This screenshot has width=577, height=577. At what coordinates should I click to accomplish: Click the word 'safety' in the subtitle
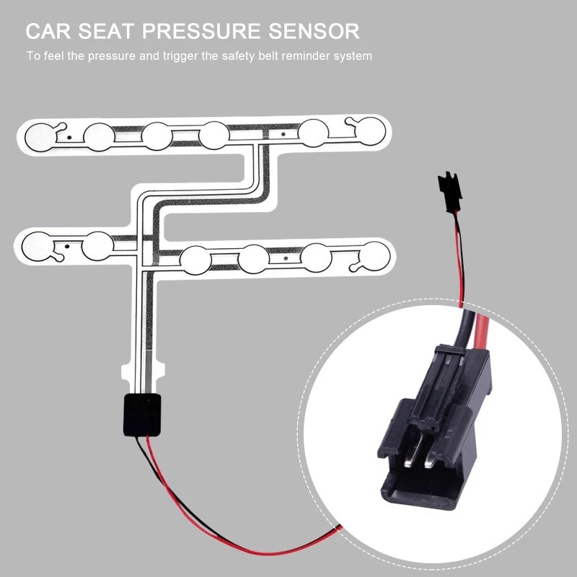(231, 56)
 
